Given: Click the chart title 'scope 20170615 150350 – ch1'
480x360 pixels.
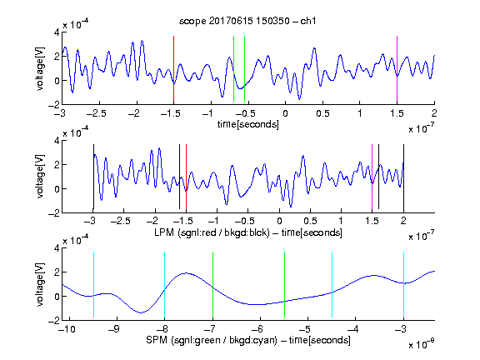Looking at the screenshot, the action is pyautogui.click(x=247, y=21).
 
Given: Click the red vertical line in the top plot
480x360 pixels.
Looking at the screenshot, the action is pyautogui.click(x=174, y=68).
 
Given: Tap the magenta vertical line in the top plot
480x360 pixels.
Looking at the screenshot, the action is pyautogui.click(x=397, y=68).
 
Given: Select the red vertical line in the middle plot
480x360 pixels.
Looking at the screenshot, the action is pyautogui.click(x=186, y=177).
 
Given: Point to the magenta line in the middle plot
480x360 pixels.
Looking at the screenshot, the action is pyautogui.click(x=372, y=177).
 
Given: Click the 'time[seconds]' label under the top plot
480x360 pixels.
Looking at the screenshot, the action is pyautogui.click(x=248, y=124).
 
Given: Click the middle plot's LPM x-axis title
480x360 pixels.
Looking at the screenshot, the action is pyautogui.click(x=248, y=232).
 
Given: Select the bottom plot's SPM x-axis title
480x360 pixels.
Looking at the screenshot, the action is pyautogui.click(x=248, y=340).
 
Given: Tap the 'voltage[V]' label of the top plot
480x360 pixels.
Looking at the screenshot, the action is pyautogui.click(x=40, y=68).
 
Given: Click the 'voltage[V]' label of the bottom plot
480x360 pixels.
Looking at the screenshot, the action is pyautogui.click(x=40, y=284).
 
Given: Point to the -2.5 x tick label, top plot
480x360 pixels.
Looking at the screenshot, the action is pyautogui.click(x=97, y=113).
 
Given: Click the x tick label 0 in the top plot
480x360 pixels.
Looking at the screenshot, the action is pyautogui.click(x=285, y=113).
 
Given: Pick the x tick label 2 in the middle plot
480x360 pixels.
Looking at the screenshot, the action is pyautogui.click(x=403, y=221).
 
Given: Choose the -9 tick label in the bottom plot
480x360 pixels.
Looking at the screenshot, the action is pyautogui.click(x=114, y=329).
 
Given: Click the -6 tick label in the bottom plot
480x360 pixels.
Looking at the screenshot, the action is pyautogui.click(x=260, y=329).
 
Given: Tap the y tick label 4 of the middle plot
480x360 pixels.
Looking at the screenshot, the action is pyautogui.click(x=57, y=141).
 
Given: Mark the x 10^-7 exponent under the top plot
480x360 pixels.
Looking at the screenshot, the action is pyautogui.click(x=422, y=128).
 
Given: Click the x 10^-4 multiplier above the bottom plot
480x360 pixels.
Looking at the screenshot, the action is pyautogui.click(x=76, y=240).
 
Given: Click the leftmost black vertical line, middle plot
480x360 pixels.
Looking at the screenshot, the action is pyautogui.click(x=93, y=177).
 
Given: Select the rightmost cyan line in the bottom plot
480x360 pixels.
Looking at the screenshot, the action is pyautogui.click(x=403, y=284).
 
